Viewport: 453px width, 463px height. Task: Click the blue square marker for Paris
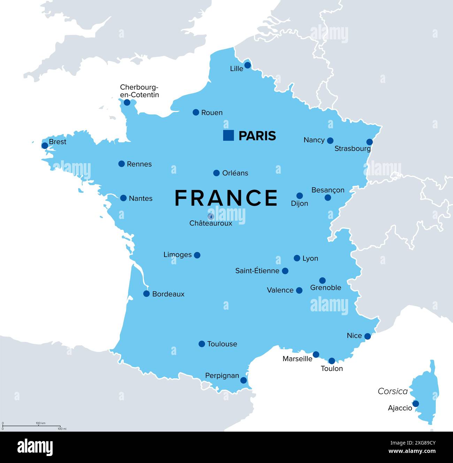(228, 135)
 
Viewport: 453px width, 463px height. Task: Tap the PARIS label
(257, 136)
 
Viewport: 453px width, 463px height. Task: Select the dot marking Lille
(247, 65)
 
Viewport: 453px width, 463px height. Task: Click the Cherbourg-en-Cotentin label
(139, 91)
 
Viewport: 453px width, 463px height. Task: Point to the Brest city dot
(45, 145)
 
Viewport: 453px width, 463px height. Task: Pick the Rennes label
(139, 164)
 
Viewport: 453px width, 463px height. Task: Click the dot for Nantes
(123, 198)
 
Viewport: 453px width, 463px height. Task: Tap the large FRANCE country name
(226, 198)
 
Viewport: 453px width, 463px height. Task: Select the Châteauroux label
(210, 223)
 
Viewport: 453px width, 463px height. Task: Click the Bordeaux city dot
(146, 294)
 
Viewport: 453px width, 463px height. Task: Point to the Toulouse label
(222, 344)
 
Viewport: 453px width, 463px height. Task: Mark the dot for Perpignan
(244, 380)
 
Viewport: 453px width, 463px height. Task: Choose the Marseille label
(297, 359)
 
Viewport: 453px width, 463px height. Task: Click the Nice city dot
(367, 336)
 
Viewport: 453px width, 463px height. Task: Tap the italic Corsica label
(393, 391)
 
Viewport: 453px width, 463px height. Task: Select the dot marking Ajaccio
(415, 404)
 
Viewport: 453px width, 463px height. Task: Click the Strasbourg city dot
(369, 142)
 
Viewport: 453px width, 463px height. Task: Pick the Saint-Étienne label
(257, 271)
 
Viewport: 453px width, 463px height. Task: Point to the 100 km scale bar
(31, 426)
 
